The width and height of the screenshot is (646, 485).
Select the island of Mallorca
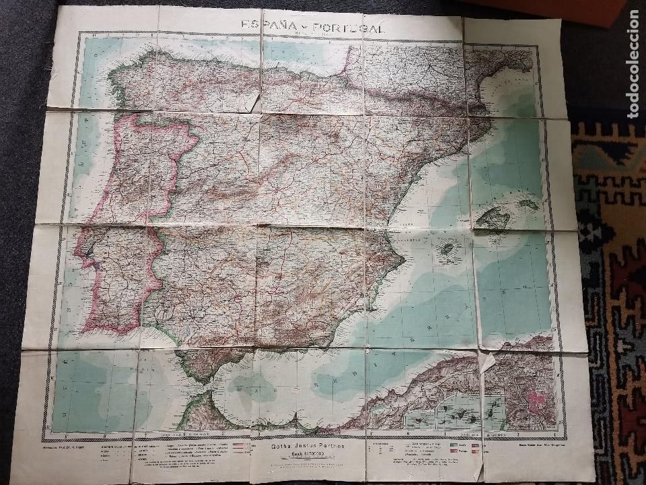coord(495,217)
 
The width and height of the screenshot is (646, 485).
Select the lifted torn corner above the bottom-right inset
coord(486,364)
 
